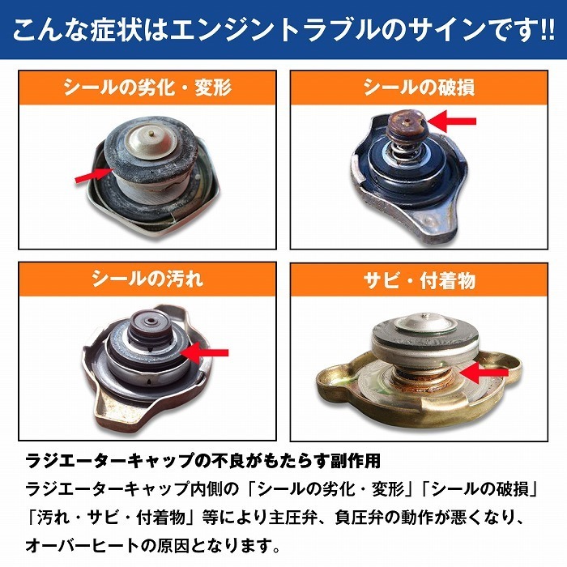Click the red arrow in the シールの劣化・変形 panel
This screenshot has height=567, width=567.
(91, 175)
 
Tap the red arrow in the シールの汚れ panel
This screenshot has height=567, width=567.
(207, 352)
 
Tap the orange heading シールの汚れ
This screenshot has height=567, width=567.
(147, 279)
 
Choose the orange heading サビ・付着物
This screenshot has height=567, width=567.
(419, 280)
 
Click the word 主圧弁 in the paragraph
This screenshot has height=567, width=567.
(324, 515)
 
